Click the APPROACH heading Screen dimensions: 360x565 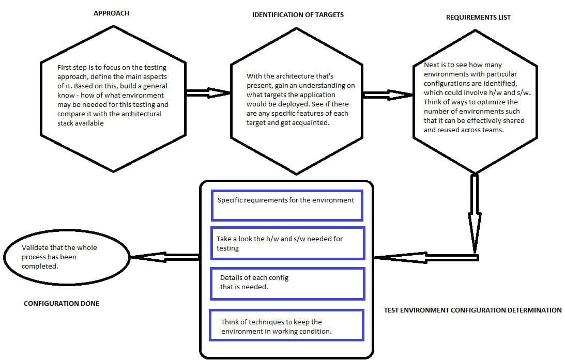coord(111,13)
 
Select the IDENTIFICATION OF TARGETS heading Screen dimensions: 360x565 coord(298,14)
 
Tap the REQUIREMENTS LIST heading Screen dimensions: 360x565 coord(478,17)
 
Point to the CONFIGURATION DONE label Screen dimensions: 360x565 coord(62,303)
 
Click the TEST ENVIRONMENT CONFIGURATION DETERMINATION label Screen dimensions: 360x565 coord(472,310)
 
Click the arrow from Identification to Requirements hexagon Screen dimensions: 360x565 coord(388,95)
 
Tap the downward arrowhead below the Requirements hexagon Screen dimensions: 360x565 coord(474,232)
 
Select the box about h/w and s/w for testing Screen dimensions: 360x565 coord(287,243)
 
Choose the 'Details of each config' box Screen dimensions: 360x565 coord(287,283)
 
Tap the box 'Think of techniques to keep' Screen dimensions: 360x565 coord(286,325)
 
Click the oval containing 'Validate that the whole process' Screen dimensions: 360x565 coord(67,257)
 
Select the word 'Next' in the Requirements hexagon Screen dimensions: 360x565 coord(432,65)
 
